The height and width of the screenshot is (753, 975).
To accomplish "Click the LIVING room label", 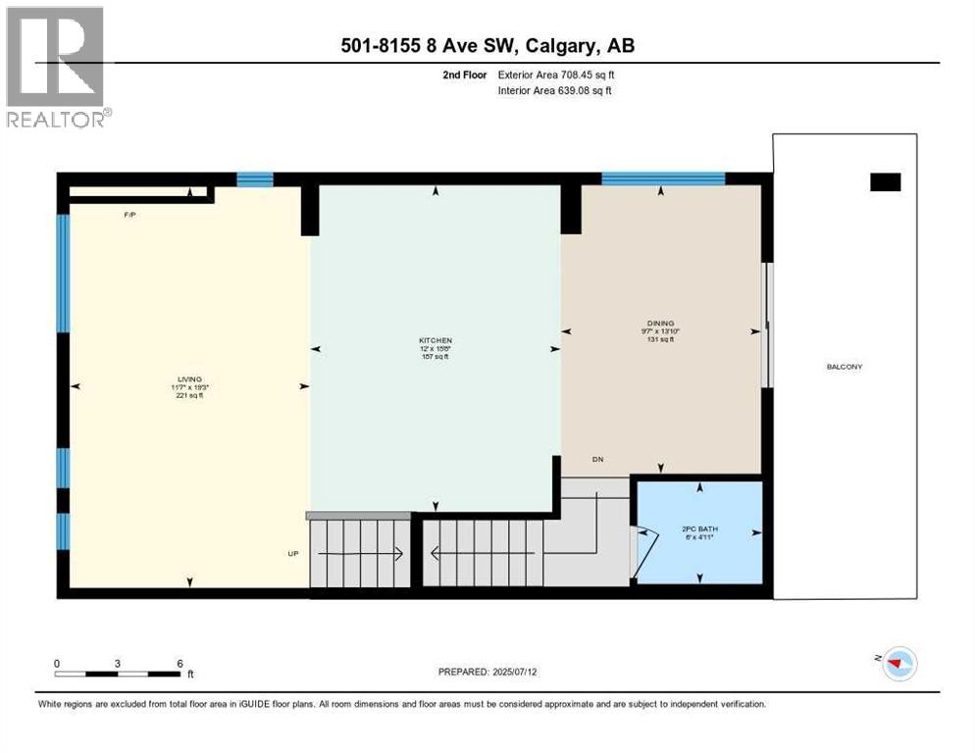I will coord(189,378).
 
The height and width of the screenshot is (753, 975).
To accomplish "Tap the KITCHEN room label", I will coord(436,341).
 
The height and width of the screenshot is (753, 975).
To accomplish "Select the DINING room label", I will coord(660,323).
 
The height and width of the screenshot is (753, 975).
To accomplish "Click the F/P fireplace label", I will coord(128,214).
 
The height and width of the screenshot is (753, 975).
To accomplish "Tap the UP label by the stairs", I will coord(292,554).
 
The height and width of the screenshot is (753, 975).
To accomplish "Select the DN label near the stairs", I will coord(596,459).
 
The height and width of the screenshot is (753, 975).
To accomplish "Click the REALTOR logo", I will coord(58,68).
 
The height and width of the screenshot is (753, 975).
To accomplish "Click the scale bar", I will coord(118,674).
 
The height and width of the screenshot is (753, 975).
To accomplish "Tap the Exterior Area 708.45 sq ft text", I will coord(556,75).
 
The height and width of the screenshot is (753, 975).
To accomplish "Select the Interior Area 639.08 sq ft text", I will coord(555,91).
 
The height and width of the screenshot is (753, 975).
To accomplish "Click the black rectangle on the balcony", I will coord(885,181).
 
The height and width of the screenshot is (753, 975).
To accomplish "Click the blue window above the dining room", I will coord(662,177).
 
